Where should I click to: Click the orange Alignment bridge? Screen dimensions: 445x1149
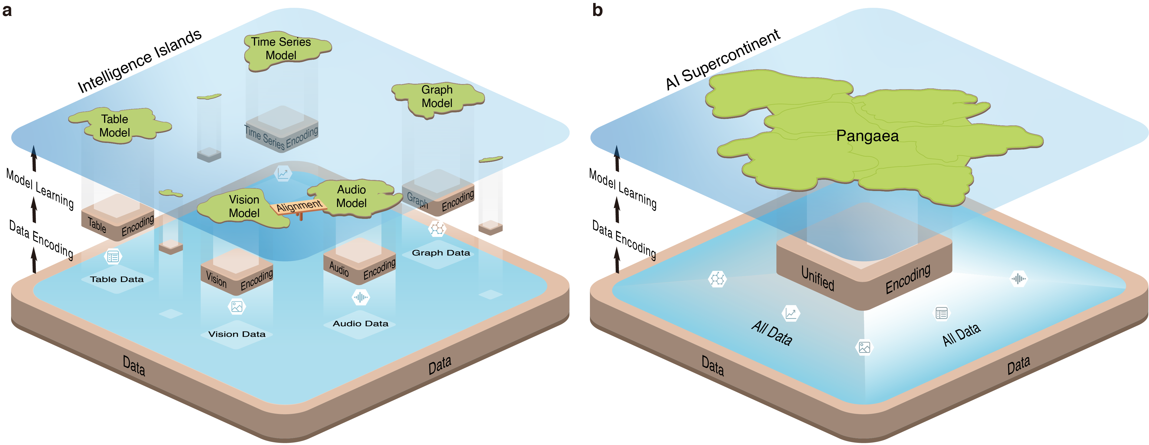(299, 206)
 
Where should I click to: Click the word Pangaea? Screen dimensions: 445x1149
(867, 136)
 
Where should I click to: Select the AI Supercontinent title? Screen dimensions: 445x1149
(722, 59)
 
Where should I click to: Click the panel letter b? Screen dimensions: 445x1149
(597, 10)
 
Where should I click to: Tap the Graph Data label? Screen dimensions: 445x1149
(441, 253)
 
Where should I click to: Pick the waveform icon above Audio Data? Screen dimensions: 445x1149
(360, 297)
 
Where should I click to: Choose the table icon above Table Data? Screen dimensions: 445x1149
(113, 257)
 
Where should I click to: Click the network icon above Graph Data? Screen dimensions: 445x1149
(437, 229)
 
